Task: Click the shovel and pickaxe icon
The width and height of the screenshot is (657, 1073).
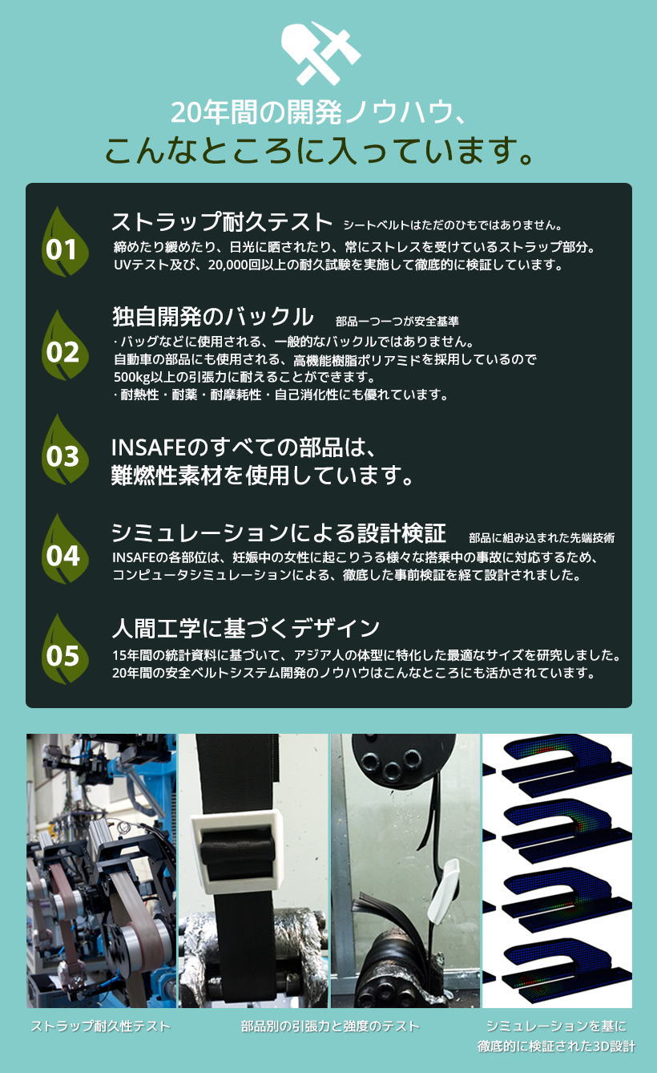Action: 320,53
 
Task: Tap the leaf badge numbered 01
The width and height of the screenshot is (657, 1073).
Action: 64,242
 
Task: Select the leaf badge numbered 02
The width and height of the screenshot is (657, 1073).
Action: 64,346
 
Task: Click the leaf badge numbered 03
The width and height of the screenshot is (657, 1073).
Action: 64,450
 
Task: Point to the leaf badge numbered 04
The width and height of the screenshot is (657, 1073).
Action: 64,549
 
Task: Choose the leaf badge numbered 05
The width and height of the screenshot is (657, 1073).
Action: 64,649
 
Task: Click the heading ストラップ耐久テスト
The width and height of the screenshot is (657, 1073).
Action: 222,222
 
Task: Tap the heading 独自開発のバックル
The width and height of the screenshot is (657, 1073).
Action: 213,317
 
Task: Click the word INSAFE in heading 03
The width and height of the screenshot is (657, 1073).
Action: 148,447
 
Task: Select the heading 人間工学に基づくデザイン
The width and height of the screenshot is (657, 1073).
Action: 246,628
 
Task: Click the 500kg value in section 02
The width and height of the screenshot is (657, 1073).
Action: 132,378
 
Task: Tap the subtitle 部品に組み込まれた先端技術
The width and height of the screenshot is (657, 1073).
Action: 542,538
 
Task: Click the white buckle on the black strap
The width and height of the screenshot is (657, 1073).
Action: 236,852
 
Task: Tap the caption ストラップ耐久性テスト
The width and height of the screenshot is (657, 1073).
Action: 100,1026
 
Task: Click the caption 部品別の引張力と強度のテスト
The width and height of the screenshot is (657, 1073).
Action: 330,1026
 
